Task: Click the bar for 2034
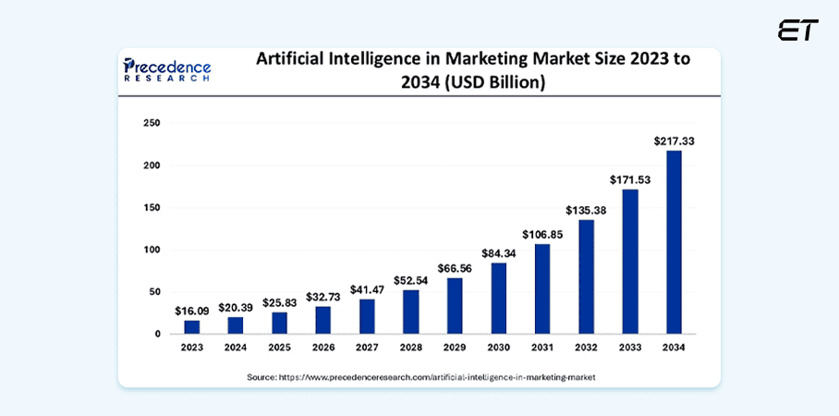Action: [675, 241]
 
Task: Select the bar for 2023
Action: [191, 326]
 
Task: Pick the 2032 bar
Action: [586, 276]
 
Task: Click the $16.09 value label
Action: [191, 311]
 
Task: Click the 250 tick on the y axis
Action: [152, 123]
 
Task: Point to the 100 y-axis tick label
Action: [152, 250]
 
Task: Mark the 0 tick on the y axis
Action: [158, 334]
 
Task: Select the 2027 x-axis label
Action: [367, 349]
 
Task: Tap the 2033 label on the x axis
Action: [630, 349]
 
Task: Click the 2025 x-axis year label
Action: [279, 349]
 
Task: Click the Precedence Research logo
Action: [167, 70]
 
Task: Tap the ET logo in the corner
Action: [797, 31]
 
